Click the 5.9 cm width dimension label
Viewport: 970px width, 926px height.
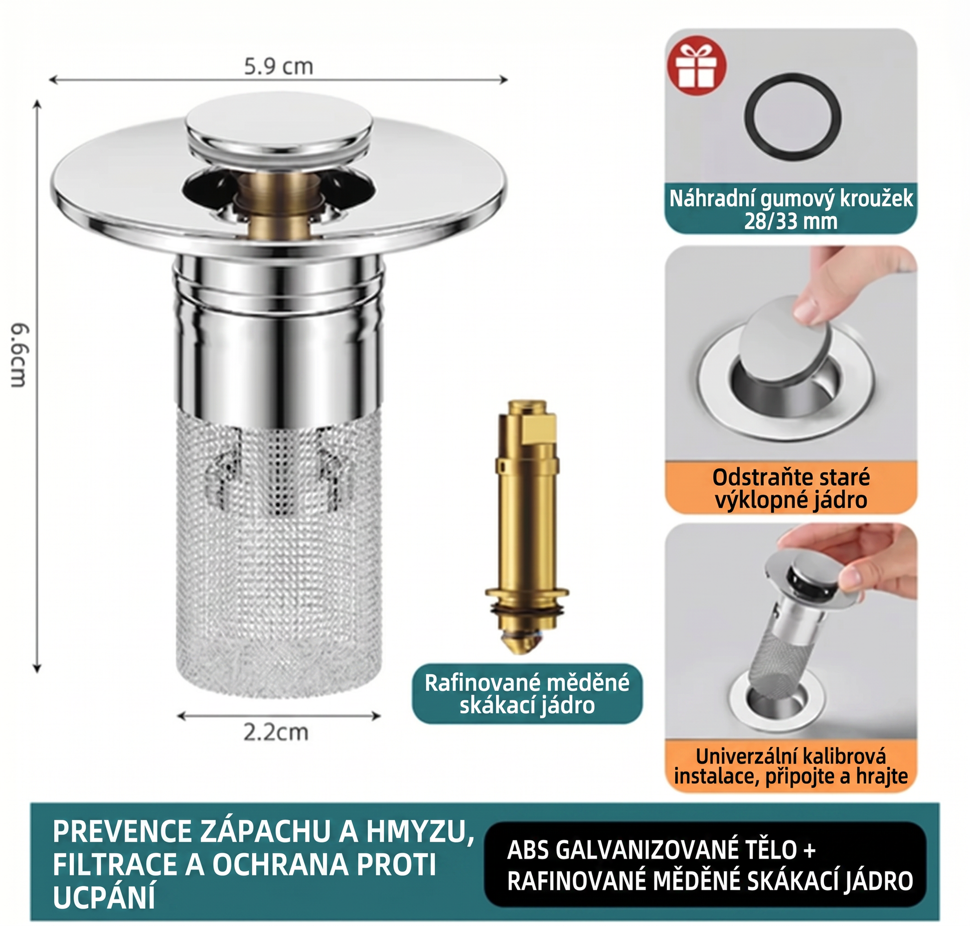(x=279, y=67)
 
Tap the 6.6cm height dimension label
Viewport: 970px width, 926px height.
(x=20, y=355)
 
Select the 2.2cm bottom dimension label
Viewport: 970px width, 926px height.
(x=276, y=732)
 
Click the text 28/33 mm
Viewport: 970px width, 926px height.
(x=791, y=221)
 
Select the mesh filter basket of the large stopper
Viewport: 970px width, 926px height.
(x=279, y=553)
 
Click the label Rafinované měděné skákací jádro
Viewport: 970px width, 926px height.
(x=527, y=694)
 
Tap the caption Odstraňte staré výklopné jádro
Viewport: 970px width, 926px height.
(x=791, y=488)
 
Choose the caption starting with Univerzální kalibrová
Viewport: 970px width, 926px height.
(x=791, y=766)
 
